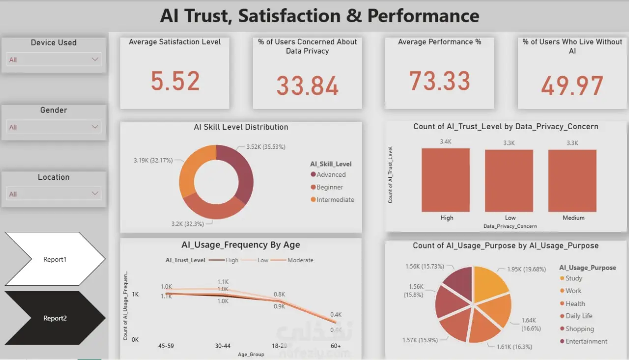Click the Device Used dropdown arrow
(95, 59)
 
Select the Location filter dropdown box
(54, 194)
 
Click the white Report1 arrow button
(54, 259)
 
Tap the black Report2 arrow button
(54, 318)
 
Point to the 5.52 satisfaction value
(175, 82)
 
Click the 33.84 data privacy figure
(307, 85)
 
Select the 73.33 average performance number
(439, 81)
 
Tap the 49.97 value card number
(572, 85)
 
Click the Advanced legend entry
(331, 174)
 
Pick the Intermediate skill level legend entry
(335, 199)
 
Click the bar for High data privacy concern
(446, 180)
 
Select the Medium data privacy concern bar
(572, 180)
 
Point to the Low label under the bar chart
(510, 218)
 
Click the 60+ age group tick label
(336, 346)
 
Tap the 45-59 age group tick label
(167, 346)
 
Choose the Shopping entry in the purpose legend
(579, 329)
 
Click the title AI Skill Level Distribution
(241, 127)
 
